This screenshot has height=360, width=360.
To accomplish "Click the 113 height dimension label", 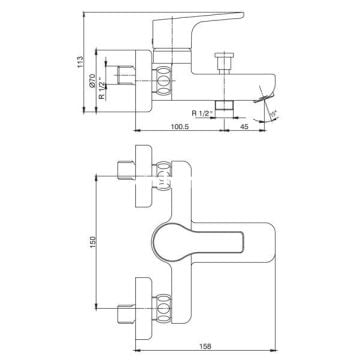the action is pos(80,62).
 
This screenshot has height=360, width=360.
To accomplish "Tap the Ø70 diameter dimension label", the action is pos(93,81).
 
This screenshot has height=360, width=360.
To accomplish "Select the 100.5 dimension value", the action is pos(180,126).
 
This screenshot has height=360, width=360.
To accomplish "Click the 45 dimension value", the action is pos(244,126).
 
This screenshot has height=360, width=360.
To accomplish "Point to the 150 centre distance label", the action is pos(93,242).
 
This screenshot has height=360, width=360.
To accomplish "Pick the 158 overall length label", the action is pos(206,346).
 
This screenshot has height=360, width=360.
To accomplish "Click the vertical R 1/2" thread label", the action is pos(102,88).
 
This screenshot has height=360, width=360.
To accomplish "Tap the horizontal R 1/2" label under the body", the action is pos(202,113).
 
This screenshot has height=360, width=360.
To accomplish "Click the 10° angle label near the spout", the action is pos(273,114).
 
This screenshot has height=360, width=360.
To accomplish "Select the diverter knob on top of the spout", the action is pos(224,61).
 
